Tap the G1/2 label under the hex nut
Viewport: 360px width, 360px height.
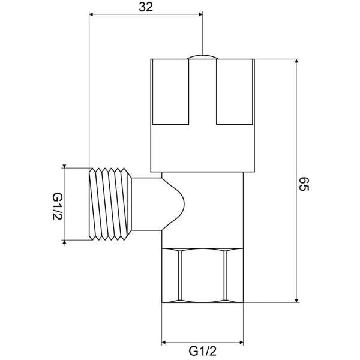[203, 350]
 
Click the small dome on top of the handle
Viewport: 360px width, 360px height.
[203, 56]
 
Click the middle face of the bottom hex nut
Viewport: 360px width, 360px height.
[203, 278]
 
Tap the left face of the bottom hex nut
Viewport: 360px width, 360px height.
[171, 278]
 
